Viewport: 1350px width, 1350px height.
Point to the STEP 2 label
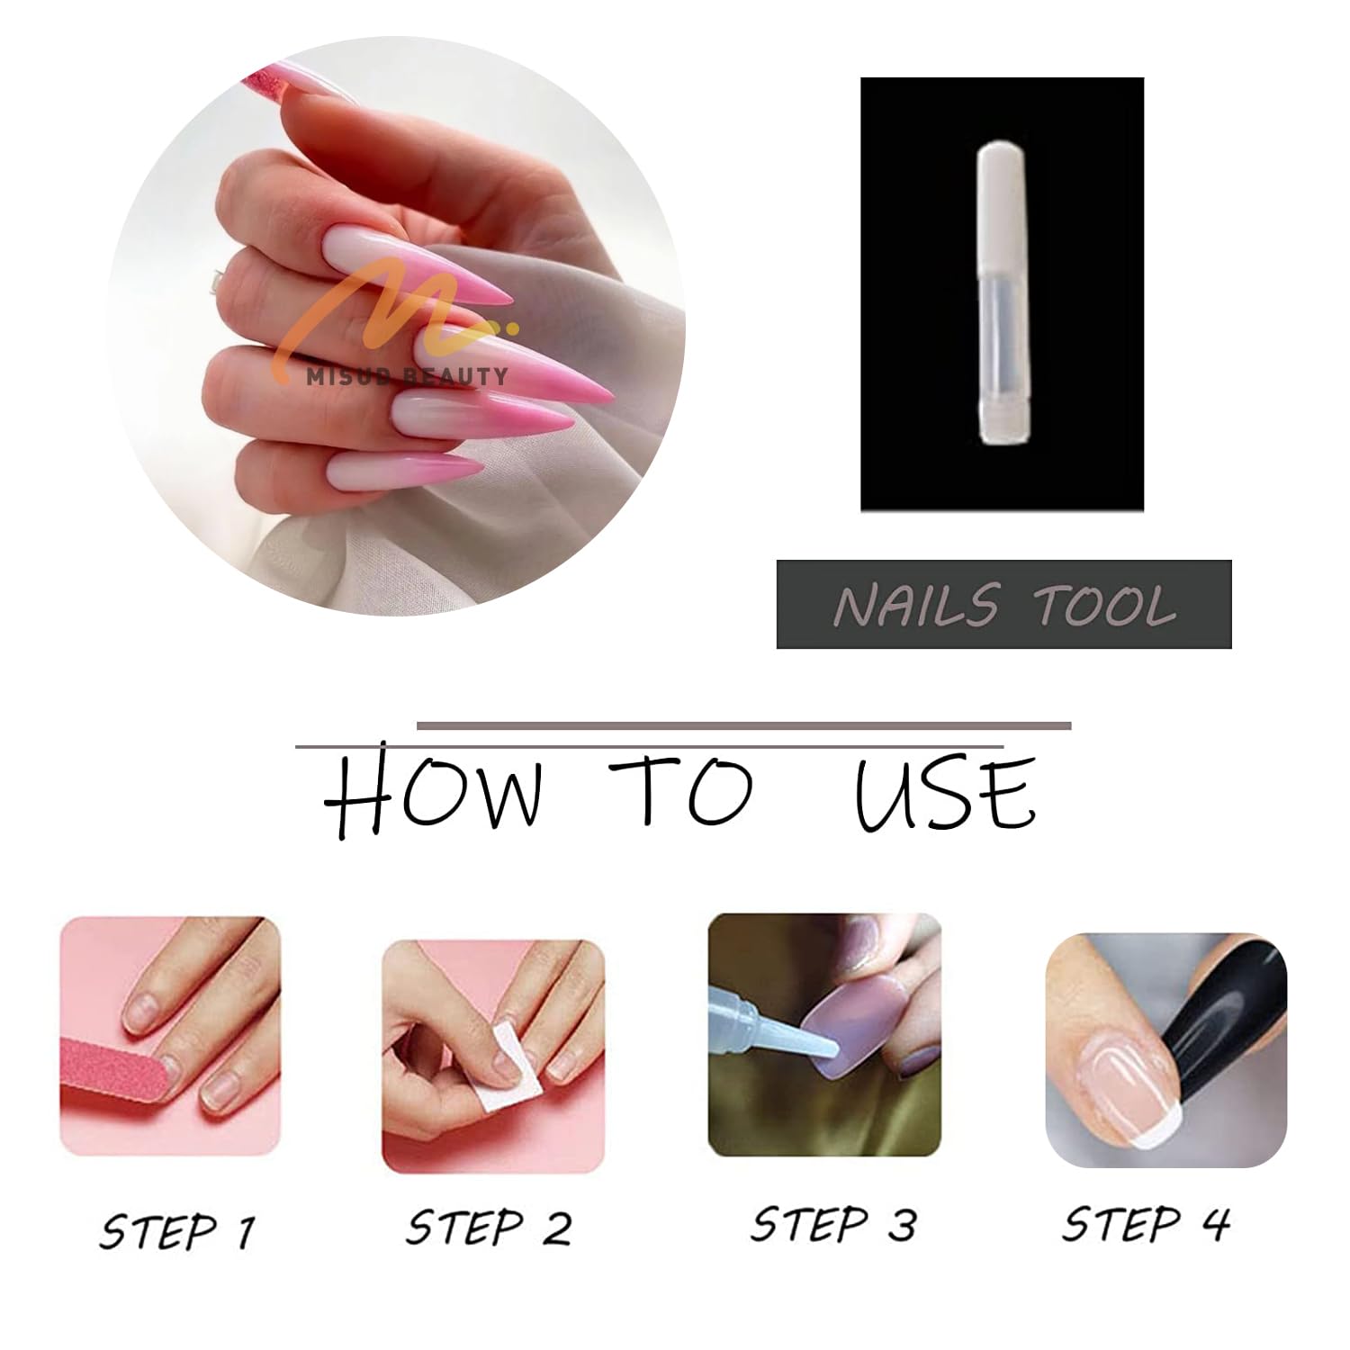489,1227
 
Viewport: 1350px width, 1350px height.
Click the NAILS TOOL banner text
1004,605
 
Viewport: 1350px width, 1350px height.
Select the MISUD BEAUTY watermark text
407,376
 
